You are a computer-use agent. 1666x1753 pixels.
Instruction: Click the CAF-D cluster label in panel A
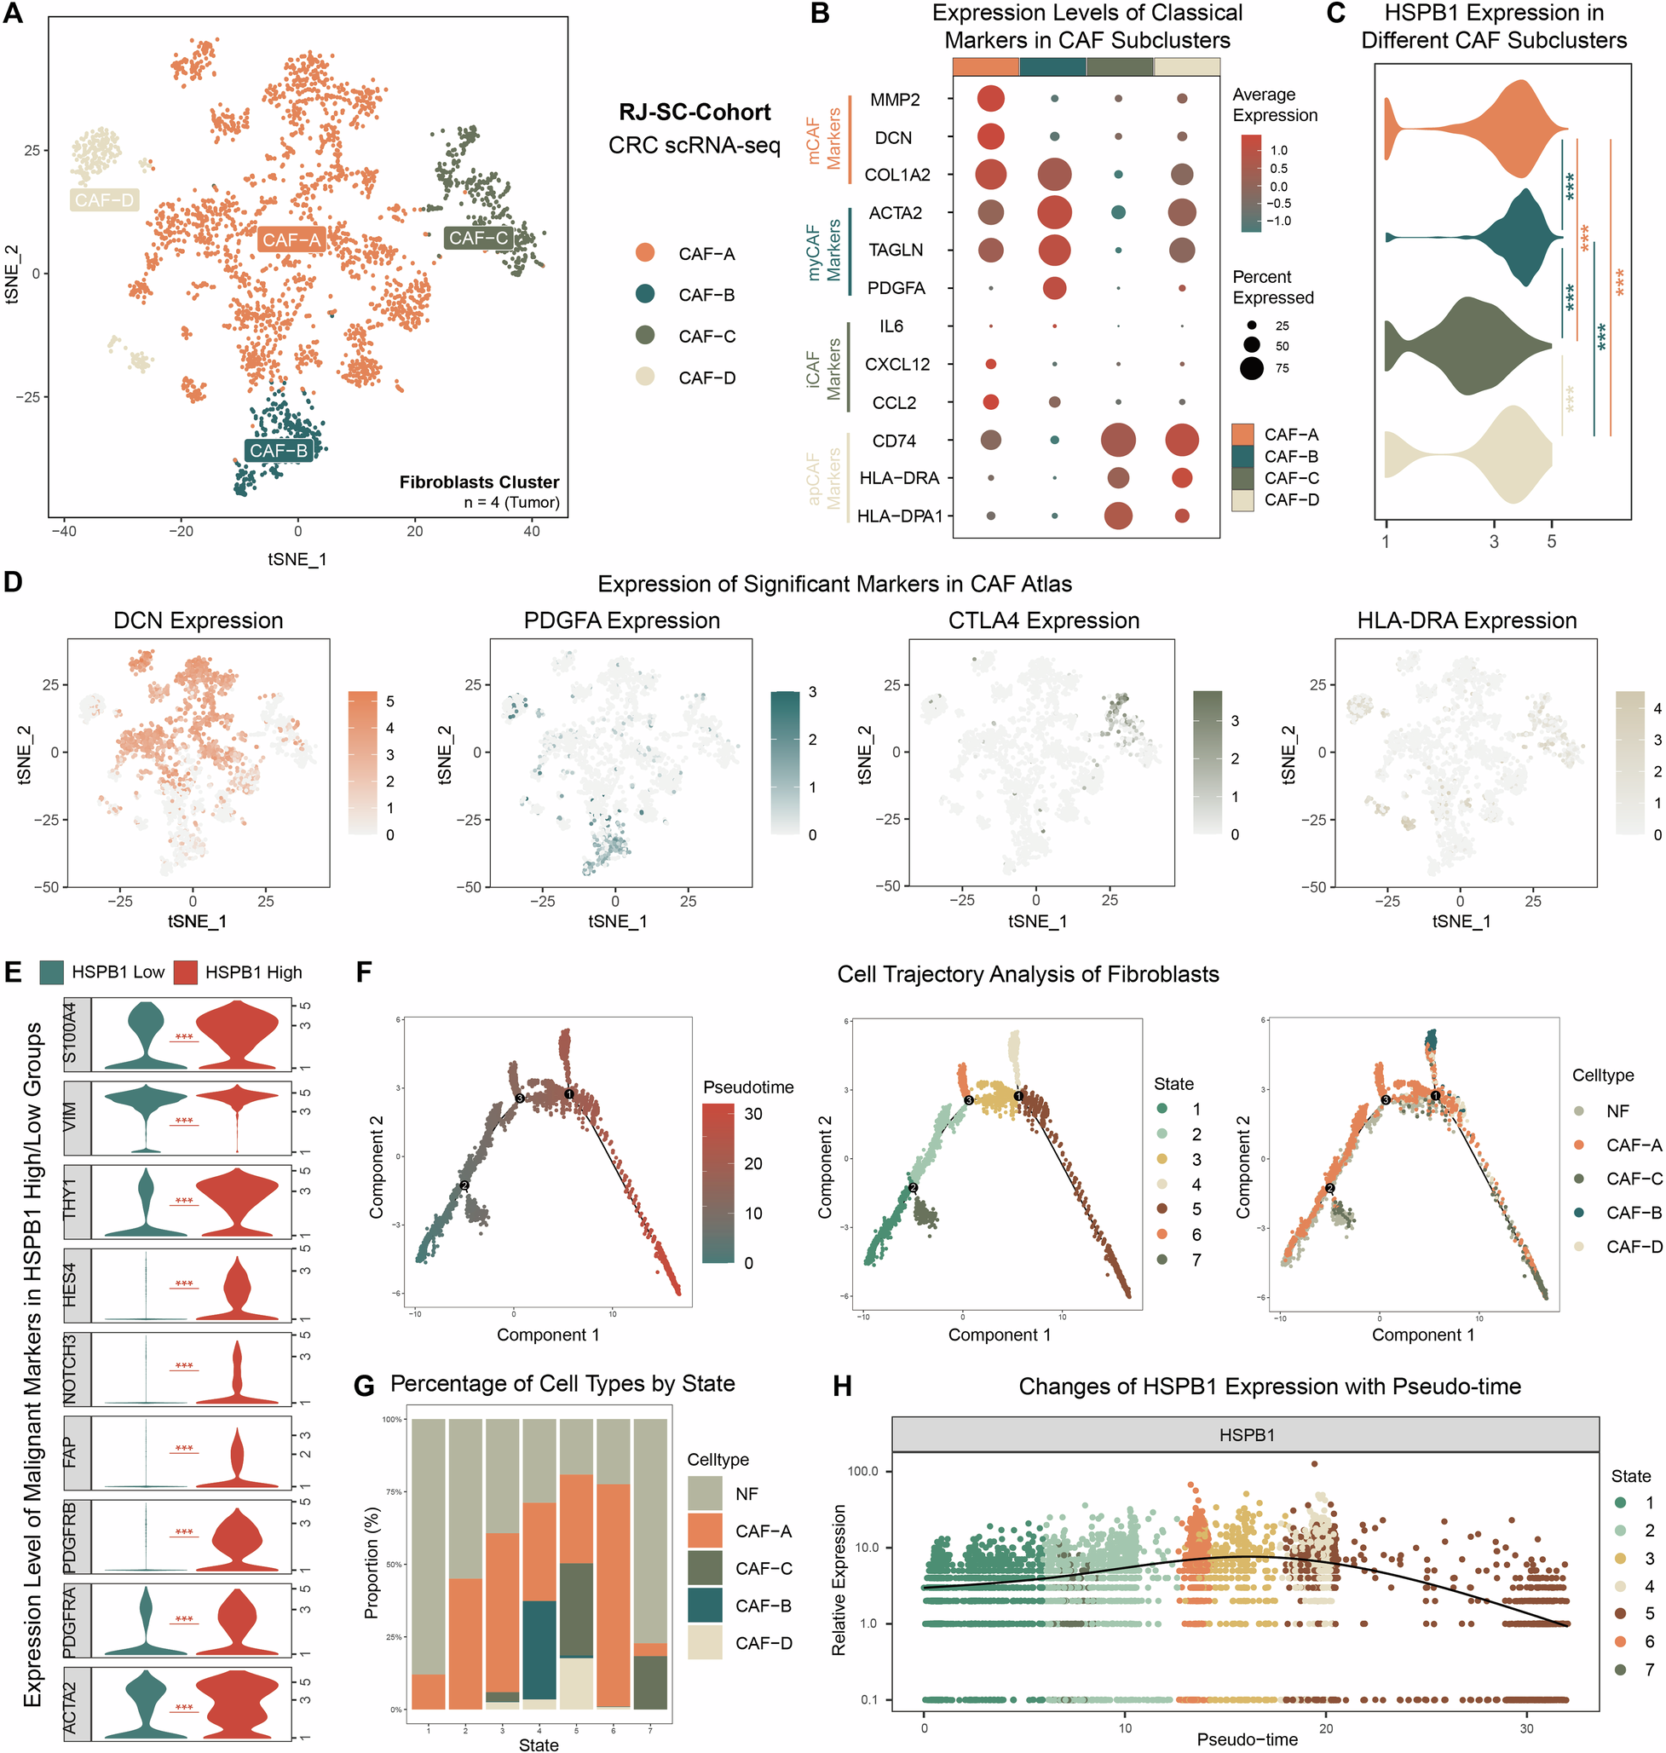pyautogui.click(x=104, y=199)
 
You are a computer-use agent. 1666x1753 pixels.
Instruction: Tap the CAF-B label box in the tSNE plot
pyautogui.click(x=279, y=450)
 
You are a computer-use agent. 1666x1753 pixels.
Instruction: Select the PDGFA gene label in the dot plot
pyautogui.click(x=896, y=288)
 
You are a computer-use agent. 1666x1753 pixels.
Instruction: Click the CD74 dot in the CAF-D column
pyautogui.click(x=1182, y=440)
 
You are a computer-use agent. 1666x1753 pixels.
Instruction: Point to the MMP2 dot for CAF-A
pyautogui.click(x=990, y=99)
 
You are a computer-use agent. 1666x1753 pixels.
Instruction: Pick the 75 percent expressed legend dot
pyautogui.click(x=1252, y=367)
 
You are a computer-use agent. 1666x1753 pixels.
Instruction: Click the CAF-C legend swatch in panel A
pyautogui.click(x=646, y=336)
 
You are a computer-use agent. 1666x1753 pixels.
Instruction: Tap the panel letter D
pyautogui.click(x=14, y=583)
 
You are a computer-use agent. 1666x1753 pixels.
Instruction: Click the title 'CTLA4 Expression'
pyautogui.click(x=1043, y=620)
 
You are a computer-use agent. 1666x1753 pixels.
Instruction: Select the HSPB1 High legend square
pyautogui.click(x=185, y=972)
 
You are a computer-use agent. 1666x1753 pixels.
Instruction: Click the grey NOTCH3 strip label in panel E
pyautogui.click(x=77, y=1368)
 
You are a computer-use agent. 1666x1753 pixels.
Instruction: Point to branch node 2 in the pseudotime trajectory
pyautogui.click(x=464, y=1185)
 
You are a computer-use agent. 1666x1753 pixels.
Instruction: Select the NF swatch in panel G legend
pyautogui.click(x=705, y=1494)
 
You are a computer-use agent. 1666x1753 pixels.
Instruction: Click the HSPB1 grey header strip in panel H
pyautogui.click(x=1245, y=1434)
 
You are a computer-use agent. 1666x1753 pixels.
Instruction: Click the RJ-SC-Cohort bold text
pyautogui.click(x=695, y=112)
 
